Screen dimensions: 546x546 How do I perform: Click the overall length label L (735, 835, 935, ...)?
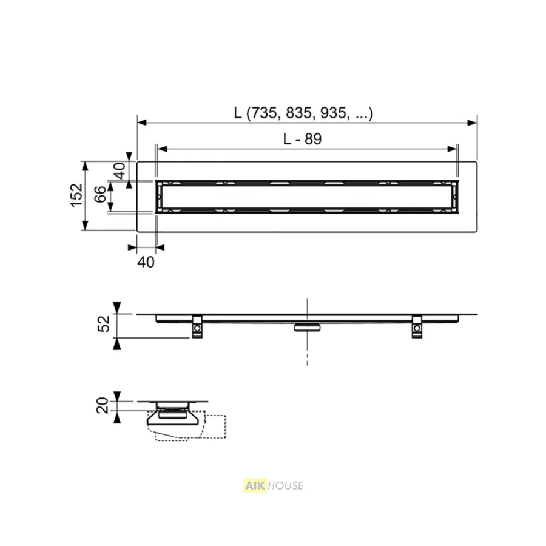[303, 113]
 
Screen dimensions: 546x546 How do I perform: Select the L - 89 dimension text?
[302, 139]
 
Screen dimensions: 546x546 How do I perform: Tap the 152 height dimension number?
[76, 196]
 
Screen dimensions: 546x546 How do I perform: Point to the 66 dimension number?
[100, 194]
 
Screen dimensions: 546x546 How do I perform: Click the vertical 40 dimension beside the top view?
[120, 170]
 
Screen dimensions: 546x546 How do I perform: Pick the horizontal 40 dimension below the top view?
[146, 262]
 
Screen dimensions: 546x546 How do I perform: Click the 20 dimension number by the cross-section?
[103, 405]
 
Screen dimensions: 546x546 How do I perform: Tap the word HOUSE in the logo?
[286, 485]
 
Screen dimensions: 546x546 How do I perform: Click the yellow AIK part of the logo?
[255, 485]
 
